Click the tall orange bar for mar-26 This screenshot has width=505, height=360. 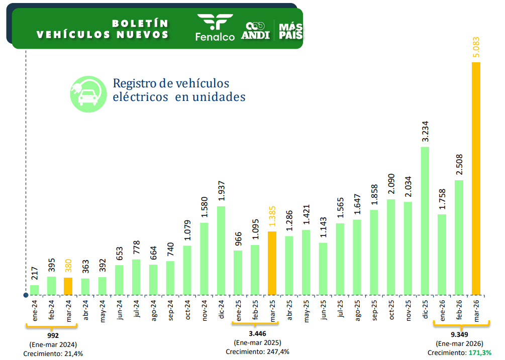[476, 178]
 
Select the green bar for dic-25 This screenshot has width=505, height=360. [425, 220]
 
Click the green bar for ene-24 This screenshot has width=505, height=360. [34, 290]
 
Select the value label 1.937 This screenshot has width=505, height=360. [221, 192]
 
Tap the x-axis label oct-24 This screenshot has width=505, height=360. [187, 310]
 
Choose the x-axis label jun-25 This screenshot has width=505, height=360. [323, 310]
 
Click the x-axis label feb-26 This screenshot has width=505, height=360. [459, 310]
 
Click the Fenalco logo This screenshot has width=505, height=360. [215, 28]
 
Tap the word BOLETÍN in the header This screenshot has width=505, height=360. [140, 24]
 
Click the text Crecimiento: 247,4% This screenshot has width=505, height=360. [257, 351]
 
